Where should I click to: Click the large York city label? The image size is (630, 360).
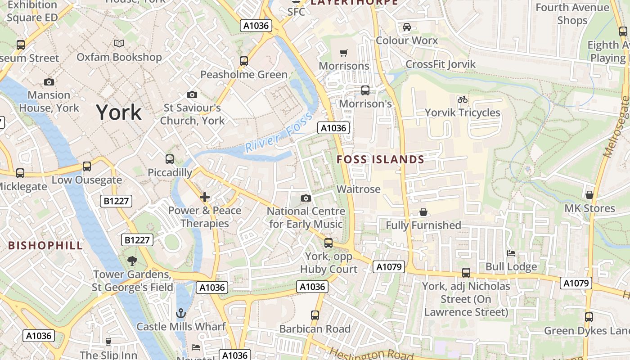[x=119, y=112]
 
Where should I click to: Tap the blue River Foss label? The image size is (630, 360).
[x=279, y=134]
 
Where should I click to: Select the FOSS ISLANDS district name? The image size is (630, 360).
[x=380, y=160]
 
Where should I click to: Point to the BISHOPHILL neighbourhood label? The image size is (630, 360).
[x=45, y=245]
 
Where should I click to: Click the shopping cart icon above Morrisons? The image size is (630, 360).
[x=344, y=53]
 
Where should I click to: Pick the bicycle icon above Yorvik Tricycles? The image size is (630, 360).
[x=462, y=99]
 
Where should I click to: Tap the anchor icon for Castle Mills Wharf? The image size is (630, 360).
[x=181, y=313]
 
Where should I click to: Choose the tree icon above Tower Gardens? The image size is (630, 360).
[x=132, y=261]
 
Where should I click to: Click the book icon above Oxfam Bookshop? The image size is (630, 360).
[x=119, y=44]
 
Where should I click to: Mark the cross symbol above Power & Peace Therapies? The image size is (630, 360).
[x=205, y=197]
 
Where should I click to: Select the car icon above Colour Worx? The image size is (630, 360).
[x=407, y=27]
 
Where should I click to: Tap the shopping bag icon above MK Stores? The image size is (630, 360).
[x=589, y=195]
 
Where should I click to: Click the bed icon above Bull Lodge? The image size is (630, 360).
[x=511, y=253]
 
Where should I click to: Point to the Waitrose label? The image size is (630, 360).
[x=359, y=189]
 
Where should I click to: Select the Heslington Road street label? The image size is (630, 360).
[x=365, y=355]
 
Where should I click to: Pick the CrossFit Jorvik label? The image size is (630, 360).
[x=441, y=64]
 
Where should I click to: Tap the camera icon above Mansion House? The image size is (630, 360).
[x=49, y=82]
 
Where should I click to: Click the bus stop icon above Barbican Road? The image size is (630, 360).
[x=315, y=315]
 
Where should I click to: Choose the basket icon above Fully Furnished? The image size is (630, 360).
[x=423, y=212]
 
